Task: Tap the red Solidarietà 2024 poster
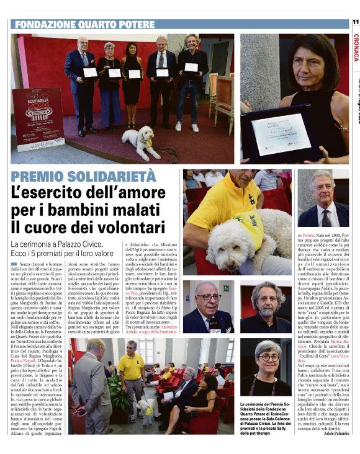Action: pos(38,118)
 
